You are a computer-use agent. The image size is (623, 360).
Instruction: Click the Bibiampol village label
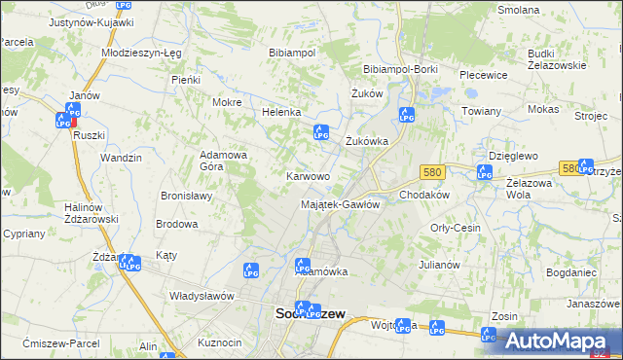pyautogui.click(x=292, y=52)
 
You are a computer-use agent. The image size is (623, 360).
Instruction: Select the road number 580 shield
pyautogui.click(x=432, y=171)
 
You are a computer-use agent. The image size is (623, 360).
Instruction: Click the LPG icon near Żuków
pyautogui.click(x=406, y=115)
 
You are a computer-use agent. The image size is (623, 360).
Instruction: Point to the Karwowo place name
pyautogui.click(x=307, y=176)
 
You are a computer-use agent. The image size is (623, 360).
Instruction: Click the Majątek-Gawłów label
pyautogui.click(x=340, y=204)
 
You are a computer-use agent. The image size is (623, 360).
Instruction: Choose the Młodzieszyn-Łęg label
pyautogui.click(x=140, y=52)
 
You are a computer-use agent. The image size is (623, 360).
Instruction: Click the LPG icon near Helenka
pyautogui.click(x=319, y=133)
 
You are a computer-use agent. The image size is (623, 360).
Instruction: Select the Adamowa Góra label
pyautogui.click(x=225, y=161)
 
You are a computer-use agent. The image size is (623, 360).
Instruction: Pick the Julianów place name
pyautogui.click(x=439, y=264)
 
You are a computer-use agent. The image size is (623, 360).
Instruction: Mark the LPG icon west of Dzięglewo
pyautogui.click(x=485, y=172)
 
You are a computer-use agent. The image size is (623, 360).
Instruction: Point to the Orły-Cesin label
pyautogui.click(x=456, y=227)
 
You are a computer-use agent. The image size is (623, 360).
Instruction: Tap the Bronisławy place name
pyautogui.click(x=186, y=195)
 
